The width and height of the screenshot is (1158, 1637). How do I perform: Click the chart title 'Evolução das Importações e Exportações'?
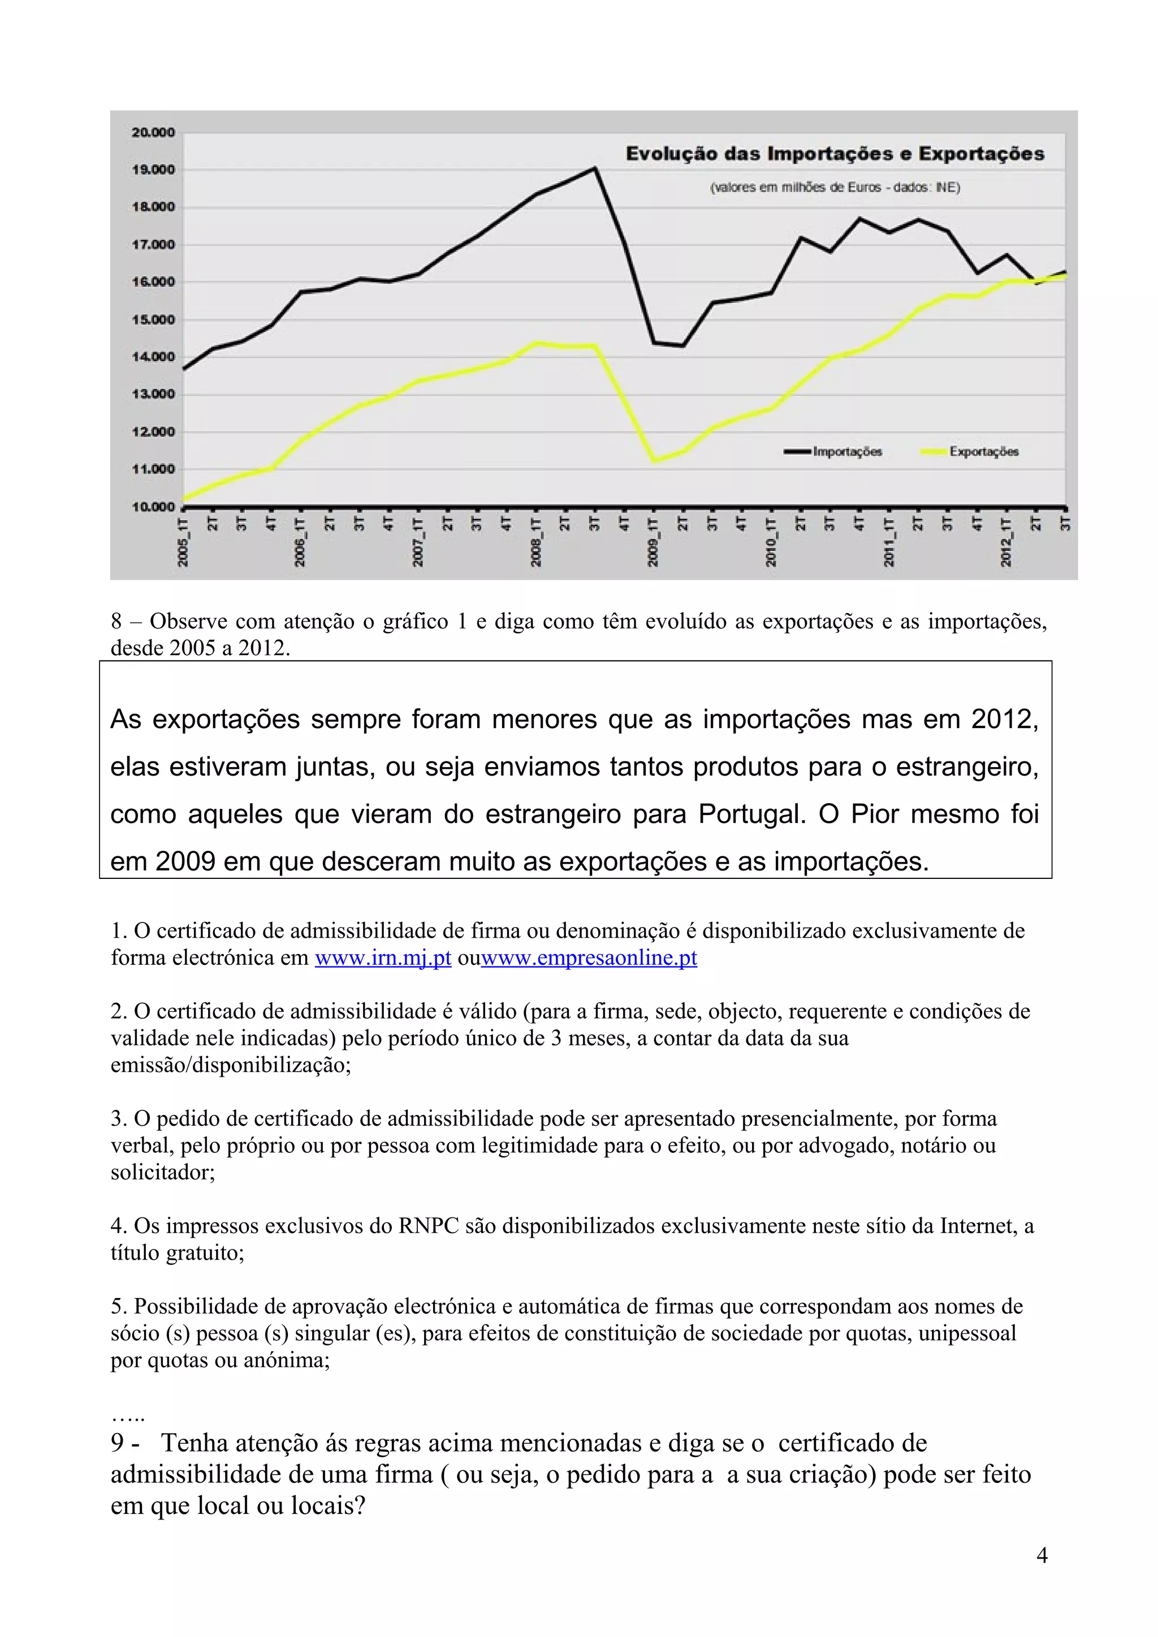(834, 154)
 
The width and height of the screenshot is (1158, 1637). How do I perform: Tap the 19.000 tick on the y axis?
(153, 169)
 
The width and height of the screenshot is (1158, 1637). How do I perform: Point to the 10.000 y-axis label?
(153, 507)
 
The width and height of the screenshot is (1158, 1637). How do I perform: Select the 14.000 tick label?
(153, 357)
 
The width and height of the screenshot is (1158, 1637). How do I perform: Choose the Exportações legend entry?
(983, 451)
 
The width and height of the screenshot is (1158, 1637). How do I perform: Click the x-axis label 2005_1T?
(183, 544)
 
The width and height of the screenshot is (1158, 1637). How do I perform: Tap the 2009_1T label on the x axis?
(653, 544)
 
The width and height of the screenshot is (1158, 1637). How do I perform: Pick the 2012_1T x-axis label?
(1005, 544)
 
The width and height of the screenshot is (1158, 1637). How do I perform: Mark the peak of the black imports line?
(595, 168)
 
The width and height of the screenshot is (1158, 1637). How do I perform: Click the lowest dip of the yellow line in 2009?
(654, 460)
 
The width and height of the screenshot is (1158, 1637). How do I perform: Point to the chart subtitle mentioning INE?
(834, 188)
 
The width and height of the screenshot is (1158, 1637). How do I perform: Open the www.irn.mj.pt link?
(383, 957)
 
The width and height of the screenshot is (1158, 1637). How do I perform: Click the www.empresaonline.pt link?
(589, 957)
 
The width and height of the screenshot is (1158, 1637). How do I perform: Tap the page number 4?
(1042, 1555)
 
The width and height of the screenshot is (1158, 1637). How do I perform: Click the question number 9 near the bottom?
(118, 1443)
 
